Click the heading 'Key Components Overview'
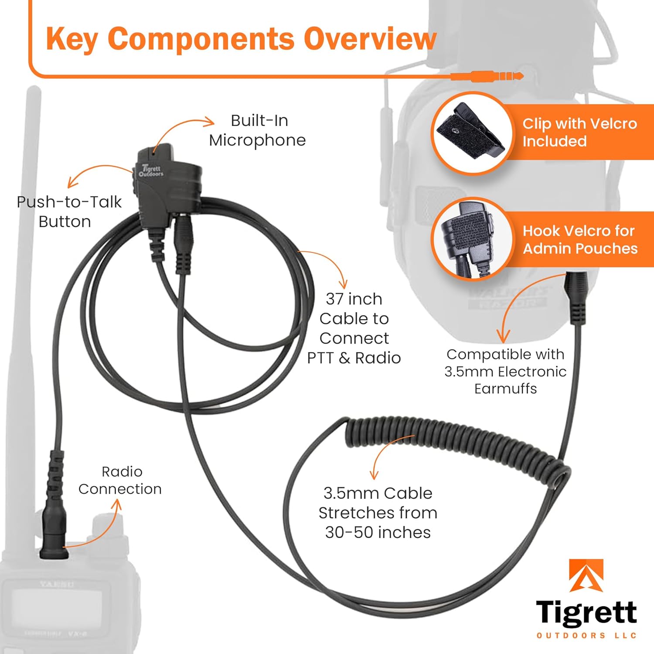click(241, 39)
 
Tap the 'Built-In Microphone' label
click(258, 130)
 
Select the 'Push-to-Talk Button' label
click(69, 211)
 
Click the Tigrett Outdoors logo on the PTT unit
click(151, 170)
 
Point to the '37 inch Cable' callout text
click(354, 328)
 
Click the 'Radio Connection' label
click(120, 480)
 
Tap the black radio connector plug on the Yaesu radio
click(54, 532)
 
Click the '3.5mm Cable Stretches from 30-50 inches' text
click(378, 513)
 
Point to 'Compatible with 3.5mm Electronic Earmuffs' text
click(505, 371)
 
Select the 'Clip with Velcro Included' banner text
click(579, 132)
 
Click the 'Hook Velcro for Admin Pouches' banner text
click(579, 239)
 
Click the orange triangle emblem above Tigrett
click(586, 576)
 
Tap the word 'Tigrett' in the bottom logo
click(586, 613)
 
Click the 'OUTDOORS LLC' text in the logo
click(586, 635)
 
